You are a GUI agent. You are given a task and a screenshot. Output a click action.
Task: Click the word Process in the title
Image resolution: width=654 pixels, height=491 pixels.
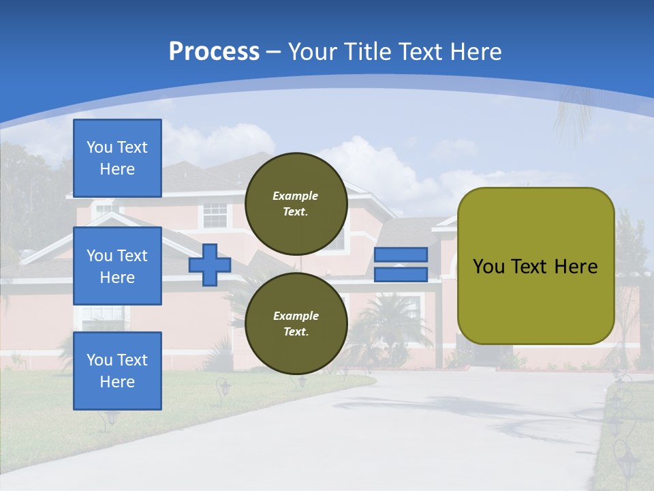pos(214,51)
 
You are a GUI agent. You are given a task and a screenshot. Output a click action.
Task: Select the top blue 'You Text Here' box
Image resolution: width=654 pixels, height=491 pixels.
pos(117,158)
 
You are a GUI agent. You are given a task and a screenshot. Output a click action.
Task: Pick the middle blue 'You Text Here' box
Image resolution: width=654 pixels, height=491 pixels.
pos(117,266)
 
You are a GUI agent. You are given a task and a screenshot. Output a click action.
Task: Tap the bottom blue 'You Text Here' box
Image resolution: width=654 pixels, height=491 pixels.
pos(117,370)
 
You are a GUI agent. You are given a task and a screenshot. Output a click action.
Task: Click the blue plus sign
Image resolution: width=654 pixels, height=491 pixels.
pos(209,264)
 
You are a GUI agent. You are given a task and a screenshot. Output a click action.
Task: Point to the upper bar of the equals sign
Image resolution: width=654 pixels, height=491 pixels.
pos(401,254)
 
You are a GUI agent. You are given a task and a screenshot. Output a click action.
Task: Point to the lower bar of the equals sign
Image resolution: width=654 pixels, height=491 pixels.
pos(401,275)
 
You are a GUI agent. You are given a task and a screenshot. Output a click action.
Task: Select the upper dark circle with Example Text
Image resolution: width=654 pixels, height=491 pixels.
pos(296,203)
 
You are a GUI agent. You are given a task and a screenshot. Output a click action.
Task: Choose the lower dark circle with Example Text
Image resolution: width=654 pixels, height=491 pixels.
pos(296,323)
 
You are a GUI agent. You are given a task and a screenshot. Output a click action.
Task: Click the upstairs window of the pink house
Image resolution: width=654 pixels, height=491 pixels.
pos(215,215)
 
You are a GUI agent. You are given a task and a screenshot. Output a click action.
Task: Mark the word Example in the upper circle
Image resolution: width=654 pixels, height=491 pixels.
pos(296,196)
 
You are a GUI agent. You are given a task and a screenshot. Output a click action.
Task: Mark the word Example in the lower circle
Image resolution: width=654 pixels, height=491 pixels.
pos(296,316)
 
